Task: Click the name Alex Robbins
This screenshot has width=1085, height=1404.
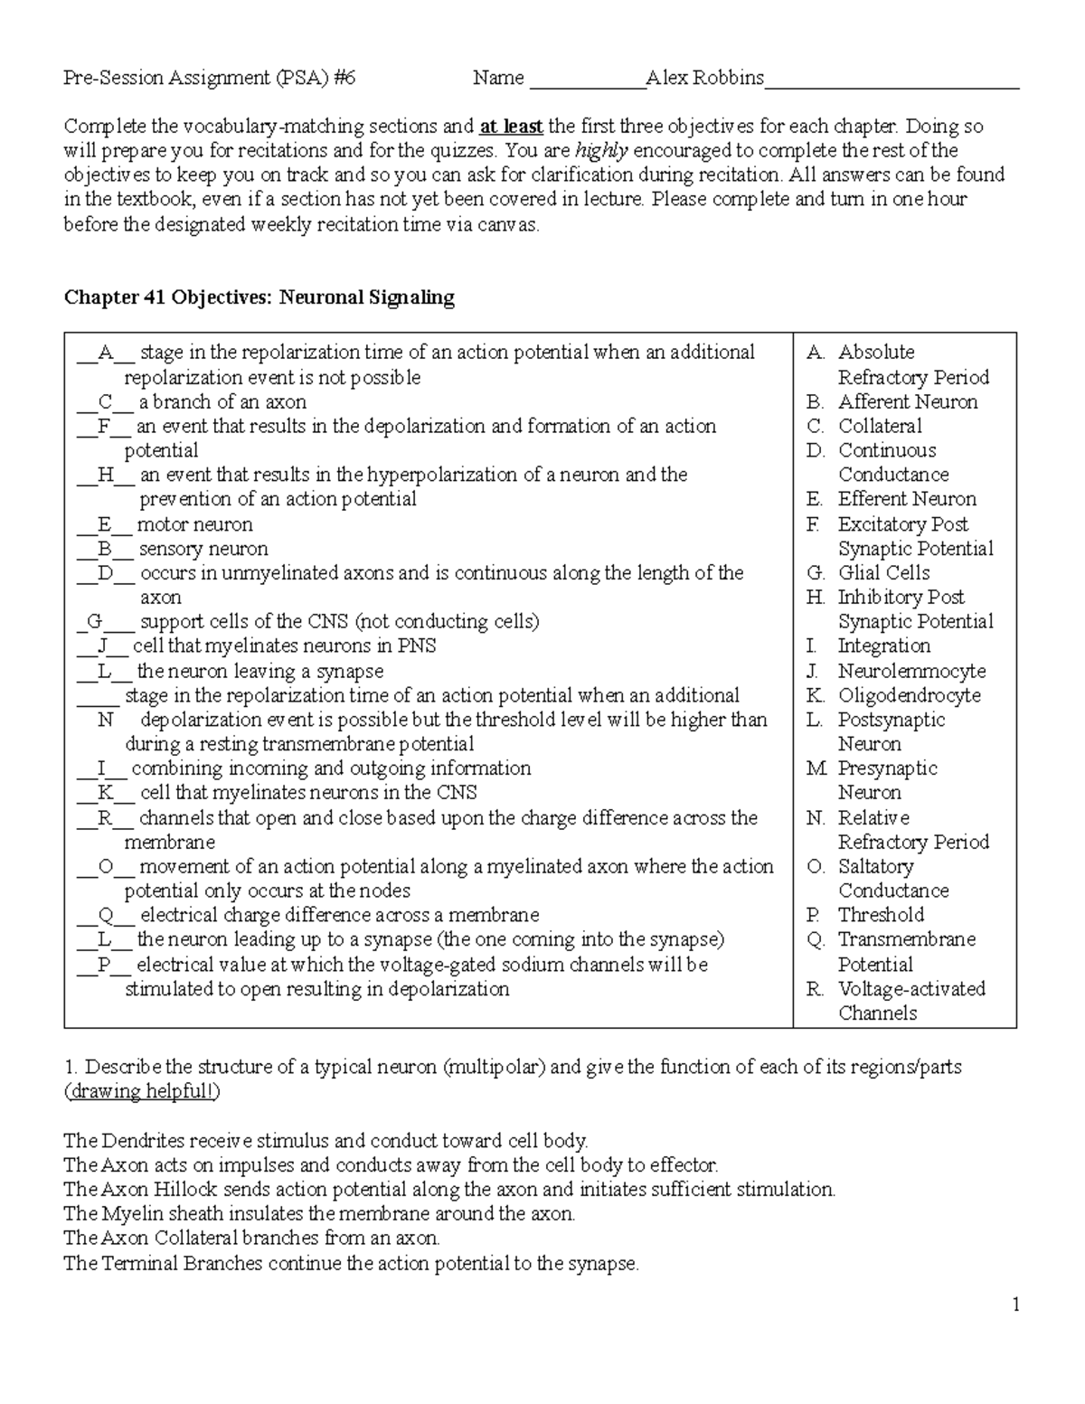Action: pos(704,78)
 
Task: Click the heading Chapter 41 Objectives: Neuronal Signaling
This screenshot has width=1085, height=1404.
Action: pos(259,297)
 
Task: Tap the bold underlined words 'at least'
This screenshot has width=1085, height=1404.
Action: pos(511,126)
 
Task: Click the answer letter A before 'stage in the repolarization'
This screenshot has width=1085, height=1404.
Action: pos(106,353)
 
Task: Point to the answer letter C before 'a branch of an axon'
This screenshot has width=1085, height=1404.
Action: pos(106,401)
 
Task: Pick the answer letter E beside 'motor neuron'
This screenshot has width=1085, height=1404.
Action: pos(104,524)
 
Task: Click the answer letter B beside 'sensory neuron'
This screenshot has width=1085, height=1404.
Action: pos(105,549)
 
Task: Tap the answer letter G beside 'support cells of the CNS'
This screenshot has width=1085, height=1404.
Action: pos(95,621)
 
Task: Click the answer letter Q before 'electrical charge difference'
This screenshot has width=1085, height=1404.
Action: pos(106,915)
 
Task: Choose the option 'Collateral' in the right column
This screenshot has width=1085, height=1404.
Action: pos(880,426)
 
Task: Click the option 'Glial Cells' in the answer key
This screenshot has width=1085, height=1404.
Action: pos(883,572)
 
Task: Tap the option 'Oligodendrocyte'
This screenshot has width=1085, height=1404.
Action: pos(909,695)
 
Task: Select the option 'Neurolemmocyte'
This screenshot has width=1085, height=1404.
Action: pos(911,671)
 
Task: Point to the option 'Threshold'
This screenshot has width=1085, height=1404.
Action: pos(881,915)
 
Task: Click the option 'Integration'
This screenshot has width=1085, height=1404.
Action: pos(883,645)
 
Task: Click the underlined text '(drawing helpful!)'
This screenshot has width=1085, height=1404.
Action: pos(142,1091)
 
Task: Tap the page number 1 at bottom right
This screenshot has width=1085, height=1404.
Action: pos(1016,1304)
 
